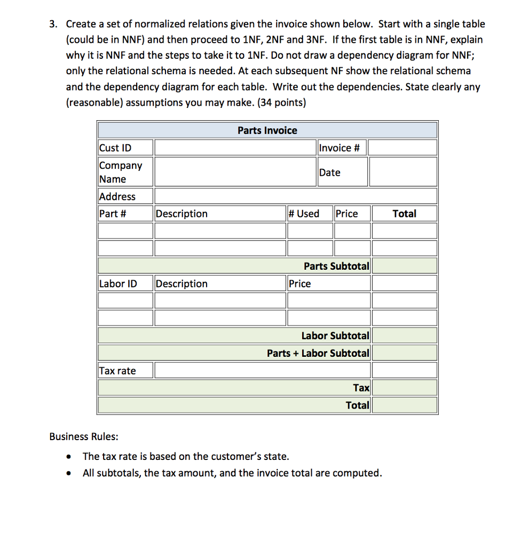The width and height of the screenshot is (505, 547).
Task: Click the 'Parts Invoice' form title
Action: [x=267, y=130]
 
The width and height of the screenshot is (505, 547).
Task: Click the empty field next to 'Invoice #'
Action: [x=403, y=148]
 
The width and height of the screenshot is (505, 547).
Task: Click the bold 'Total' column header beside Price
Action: [x=404, y=214]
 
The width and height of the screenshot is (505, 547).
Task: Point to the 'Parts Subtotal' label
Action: [x=336, y=266]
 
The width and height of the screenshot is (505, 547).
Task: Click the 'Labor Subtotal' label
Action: [x=335, y=335]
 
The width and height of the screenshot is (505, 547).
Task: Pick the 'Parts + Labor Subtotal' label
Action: [x=318, y=353]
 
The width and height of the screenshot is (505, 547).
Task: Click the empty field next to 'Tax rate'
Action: [x=296, y=371]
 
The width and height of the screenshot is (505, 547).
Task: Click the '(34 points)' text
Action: [x=281, y=103]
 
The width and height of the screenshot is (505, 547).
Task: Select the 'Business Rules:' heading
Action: [x=84, y=436]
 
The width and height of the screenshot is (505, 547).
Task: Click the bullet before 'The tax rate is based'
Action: [x=68, y=457]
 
